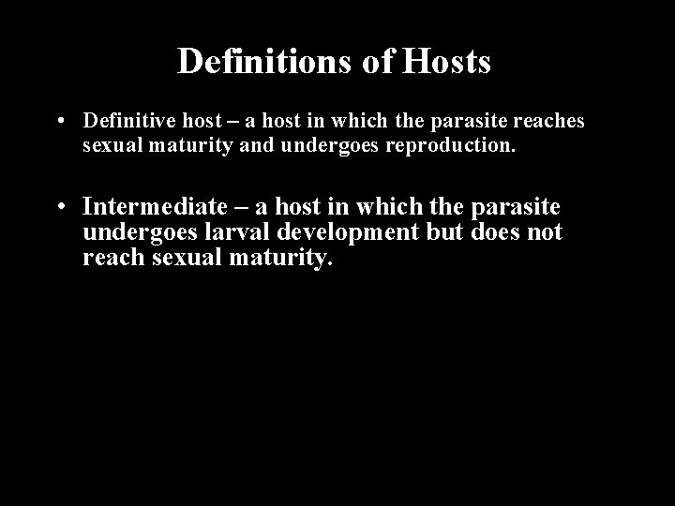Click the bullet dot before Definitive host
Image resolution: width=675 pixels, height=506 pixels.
coord(59,122)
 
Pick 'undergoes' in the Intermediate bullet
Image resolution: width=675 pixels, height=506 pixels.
coord(132,232)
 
